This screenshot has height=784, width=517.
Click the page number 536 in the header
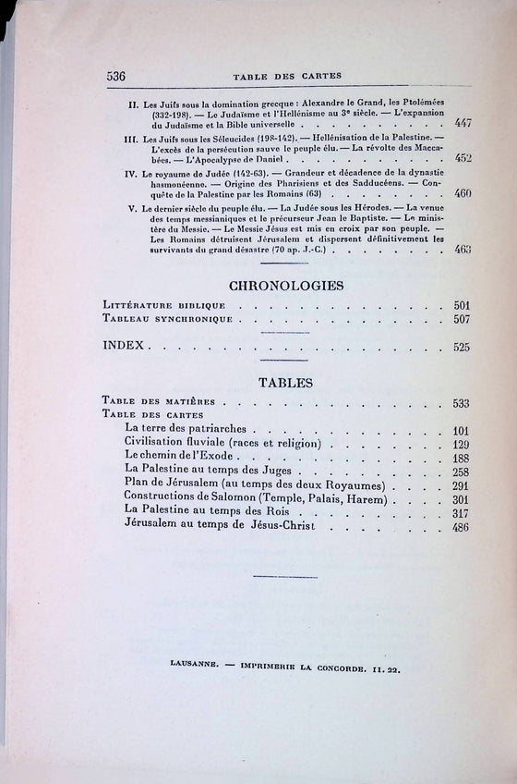click(x=115, y=76)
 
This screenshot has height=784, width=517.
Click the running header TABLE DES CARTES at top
click(x=288, y=76)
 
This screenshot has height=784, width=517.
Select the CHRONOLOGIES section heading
click(x=286, y=286)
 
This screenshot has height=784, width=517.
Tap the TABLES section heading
click(x=285, y=381)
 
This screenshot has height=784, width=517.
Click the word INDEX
click(x=127, y=348)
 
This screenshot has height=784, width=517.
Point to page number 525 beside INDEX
click(x=462, y=348)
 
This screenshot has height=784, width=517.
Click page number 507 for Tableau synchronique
click(x=462, y=320)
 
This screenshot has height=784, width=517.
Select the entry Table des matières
click(x=159, y=402)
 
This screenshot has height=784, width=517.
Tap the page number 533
click(x=462, y=403)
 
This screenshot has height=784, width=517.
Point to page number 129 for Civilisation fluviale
click(x=462, y=445)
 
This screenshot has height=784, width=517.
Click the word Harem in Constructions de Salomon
click(x=367, y=498)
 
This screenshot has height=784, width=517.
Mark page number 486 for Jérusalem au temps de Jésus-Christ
click(x=462, y=527)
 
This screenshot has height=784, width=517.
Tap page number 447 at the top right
click(x=463, y=124)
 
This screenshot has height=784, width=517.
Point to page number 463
click(x=463, y=250)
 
